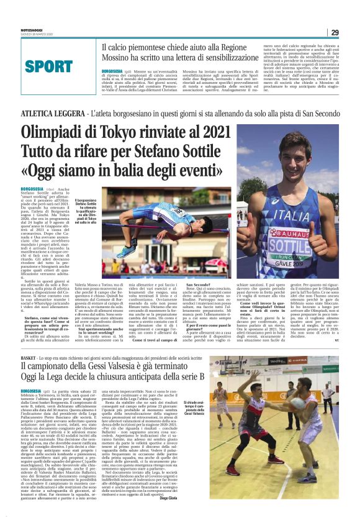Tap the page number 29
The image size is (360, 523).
[333, 32]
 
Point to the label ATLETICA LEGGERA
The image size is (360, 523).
[52, 114]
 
